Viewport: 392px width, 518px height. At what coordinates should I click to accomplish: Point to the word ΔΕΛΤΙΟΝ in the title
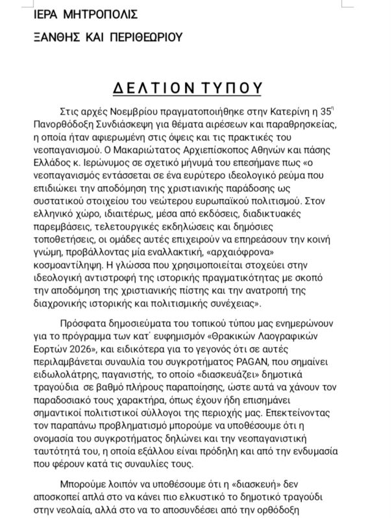coord(142,87)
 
